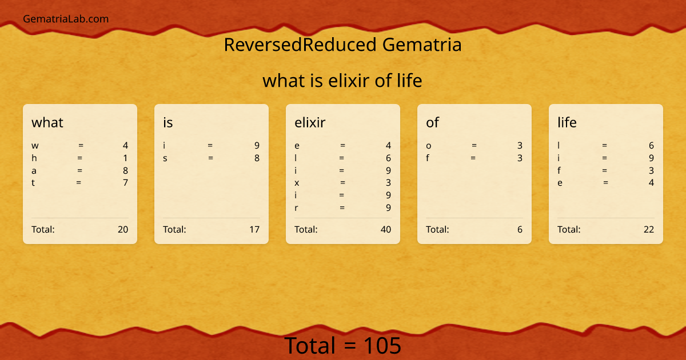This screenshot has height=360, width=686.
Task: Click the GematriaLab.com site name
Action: pyautogui.click(x=66, y=19)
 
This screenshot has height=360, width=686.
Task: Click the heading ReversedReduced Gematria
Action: pyautogui.click(x=342, y=45)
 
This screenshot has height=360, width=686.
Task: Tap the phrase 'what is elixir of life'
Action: pyautogui.click(x=342, y=81)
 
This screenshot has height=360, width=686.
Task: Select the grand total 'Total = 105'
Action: pyautogui.click(x=343, y=346)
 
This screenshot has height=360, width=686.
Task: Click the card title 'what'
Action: pyautogui.click(x=47, y=122)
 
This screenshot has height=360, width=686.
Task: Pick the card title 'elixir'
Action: pyautogui.click(x=310, y=122)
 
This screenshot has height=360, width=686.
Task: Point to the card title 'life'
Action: pyautogui.click(x=567, y=122)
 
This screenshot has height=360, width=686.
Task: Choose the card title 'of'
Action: pyautogui.click(x=432, y=122)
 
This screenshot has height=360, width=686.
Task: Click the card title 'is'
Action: pyautogui.click(x=167, y=122)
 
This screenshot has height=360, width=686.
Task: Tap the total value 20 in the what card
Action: pyautogui.click(x=123, y=230)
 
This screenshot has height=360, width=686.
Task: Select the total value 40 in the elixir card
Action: pyautogui.click(x=386, y=230)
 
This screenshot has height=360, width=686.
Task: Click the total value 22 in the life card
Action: pyautogui.click(x=648, y=230)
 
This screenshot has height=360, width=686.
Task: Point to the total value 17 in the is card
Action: pyautogui.click(x=254, y=230)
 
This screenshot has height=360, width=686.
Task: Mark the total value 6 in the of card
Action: pyautogui.click(x=520, y=230)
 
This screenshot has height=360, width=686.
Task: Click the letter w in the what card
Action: pyautogui.click(x=35, y=146)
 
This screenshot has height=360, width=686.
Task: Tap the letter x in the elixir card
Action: pyautogui.click(x=297, y=183)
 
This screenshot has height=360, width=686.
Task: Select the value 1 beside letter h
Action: pyautogui.click(x=125, y=158)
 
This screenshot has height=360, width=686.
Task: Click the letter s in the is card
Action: pyautogui.click(x=165, y=158)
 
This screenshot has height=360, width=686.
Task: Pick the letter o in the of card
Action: pyautogui.click(x=429, y=146)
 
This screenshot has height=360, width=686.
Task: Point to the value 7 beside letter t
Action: pyautogui.click(x=125, y=183)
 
